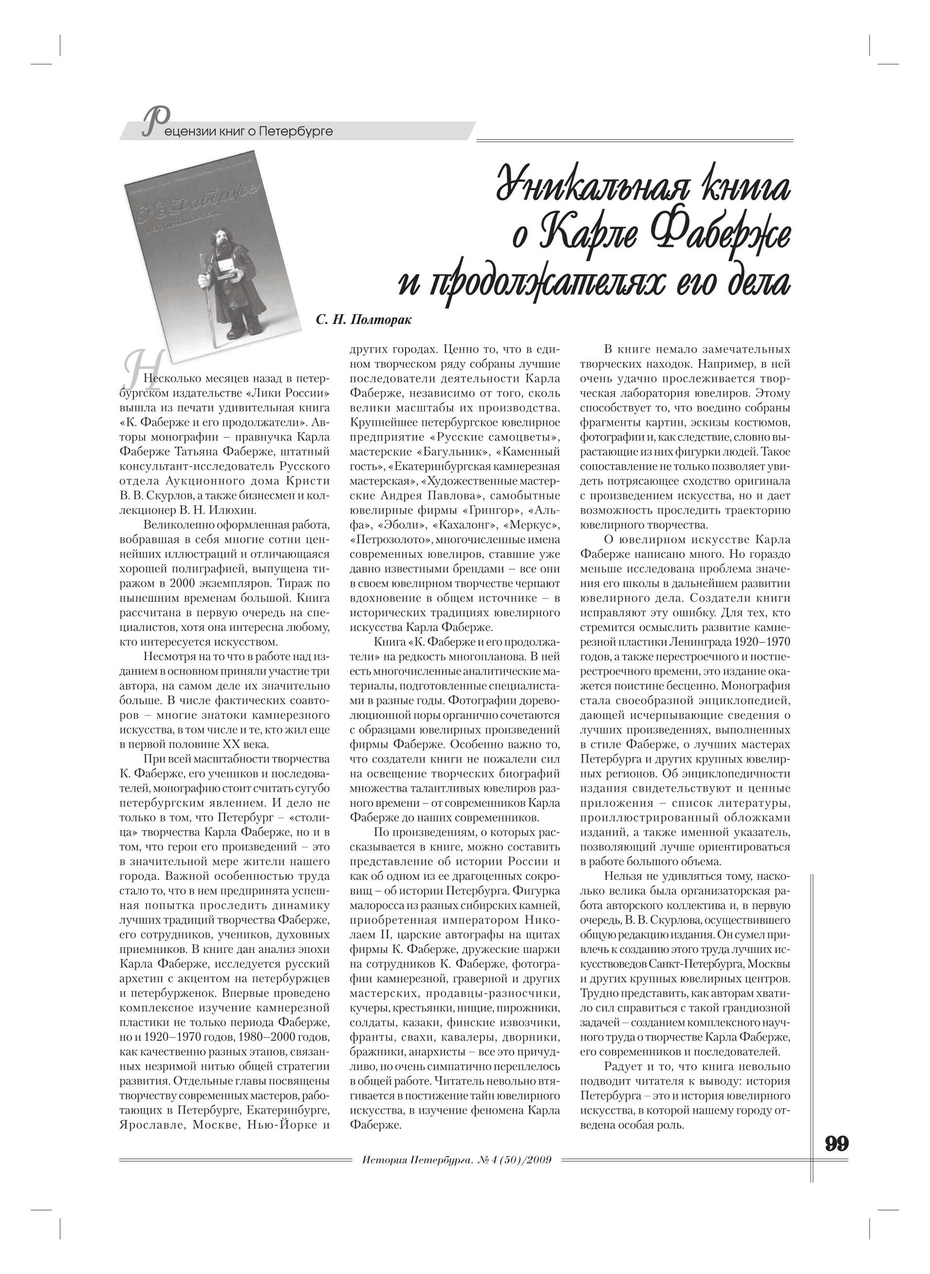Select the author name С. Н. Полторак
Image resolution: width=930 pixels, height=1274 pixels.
[364, 321]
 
